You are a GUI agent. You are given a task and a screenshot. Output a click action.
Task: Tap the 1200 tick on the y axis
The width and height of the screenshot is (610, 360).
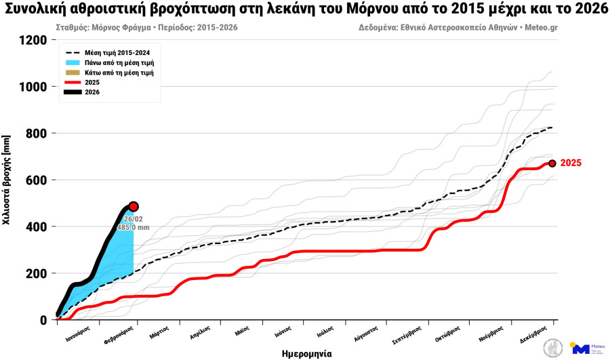[x=33, y=40]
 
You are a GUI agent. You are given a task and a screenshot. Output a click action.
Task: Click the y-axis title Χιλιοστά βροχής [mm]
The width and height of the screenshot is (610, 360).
[x=7, y=180]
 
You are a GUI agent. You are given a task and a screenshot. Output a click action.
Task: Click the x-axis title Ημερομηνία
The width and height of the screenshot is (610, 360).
[x=306, y=353]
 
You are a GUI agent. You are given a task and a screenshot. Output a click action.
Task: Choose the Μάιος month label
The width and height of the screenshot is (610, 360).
[x=243, y=333]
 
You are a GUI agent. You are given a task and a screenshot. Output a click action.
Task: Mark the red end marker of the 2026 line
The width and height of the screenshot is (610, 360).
[x=134, y=206]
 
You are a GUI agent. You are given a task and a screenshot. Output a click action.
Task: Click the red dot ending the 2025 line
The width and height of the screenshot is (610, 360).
[x=552, y=163]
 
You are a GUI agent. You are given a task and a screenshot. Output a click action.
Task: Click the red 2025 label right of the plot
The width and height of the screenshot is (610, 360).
[x=571, y=163]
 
